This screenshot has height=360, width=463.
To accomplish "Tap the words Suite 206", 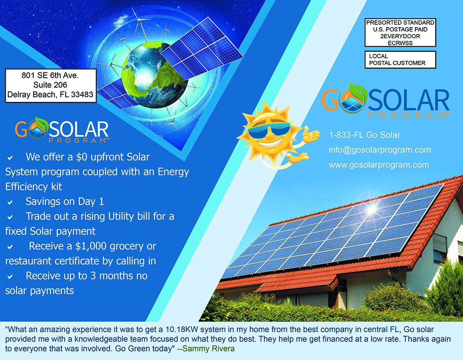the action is pyautogui.click(x=50, y=85).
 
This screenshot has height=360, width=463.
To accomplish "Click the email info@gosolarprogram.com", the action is pyautogui.click(x=380, y=150).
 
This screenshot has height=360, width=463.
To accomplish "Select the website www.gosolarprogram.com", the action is pyautogui.click(x=379, y=165).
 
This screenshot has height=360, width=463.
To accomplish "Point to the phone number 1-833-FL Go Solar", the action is pyautogui.click(x=364, y=135).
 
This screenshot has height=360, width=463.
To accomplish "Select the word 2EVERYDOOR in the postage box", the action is pyautogui.click(x=400, y=36).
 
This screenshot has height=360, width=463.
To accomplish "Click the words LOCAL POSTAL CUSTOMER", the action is pyautogui.click(x=397, y=60).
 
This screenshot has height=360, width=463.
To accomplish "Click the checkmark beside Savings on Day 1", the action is pyautogui.click(x=10, y=202).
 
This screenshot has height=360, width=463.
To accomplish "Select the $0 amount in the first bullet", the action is pyautogui.click(x=82, y=157).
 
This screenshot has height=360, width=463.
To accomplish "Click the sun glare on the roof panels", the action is pyautogui.click(x=372, y=209).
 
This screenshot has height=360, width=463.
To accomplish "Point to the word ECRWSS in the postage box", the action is pyautogui.click(x=400, y=43).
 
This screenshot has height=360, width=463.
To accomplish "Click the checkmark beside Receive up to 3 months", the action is pyautogui.click(x=10, y=277).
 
